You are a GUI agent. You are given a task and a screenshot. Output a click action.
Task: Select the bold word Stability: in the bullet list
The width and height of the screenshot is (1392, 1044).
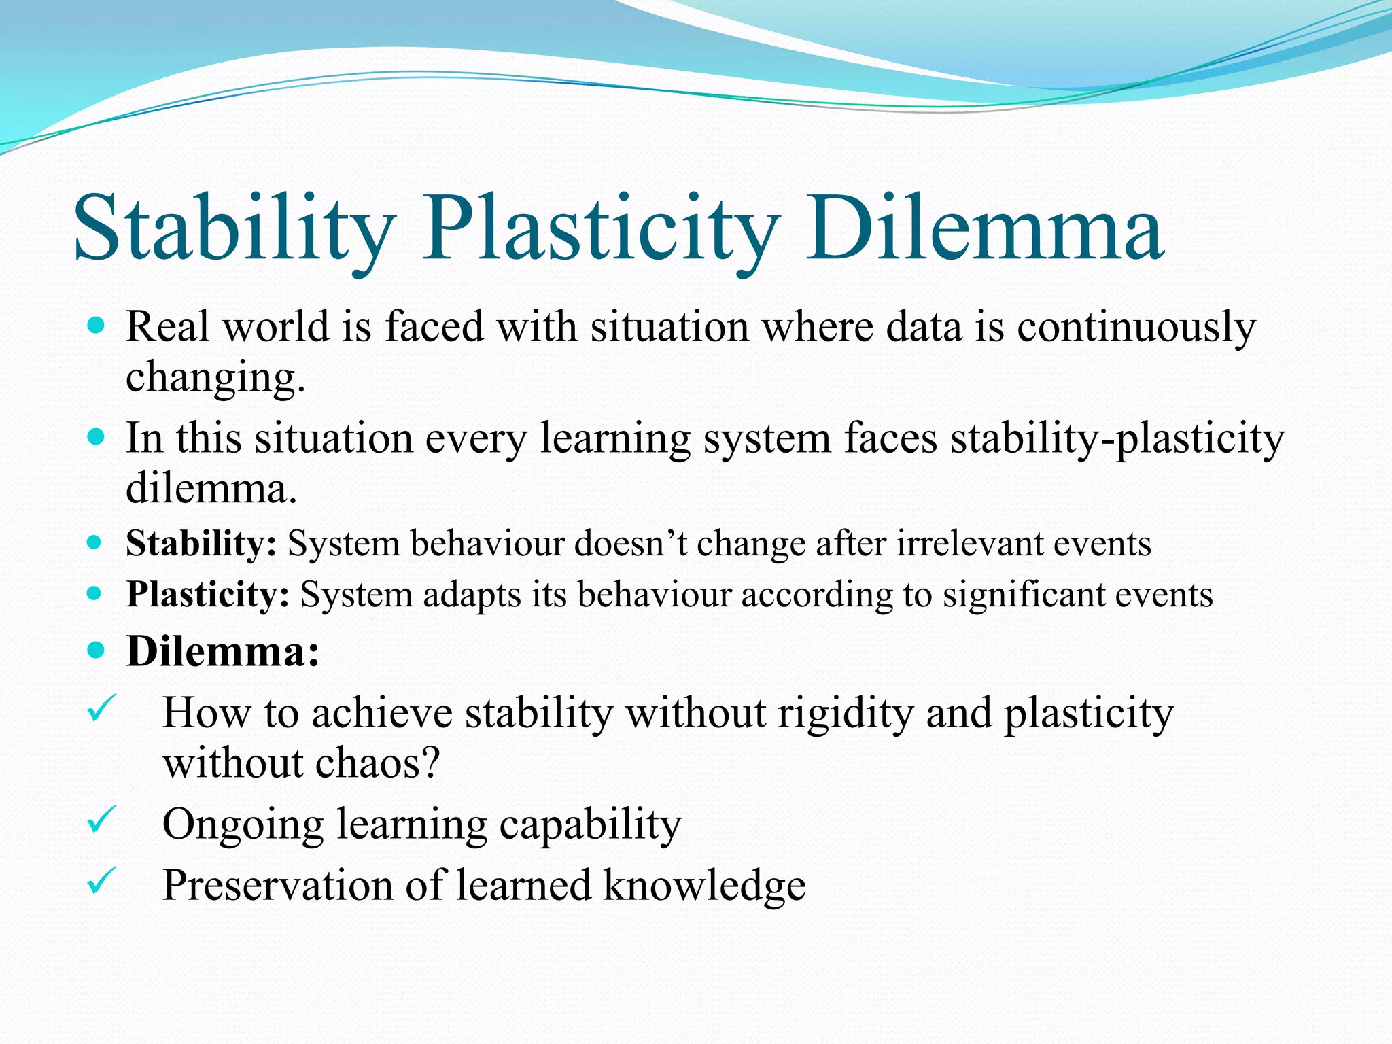(201, 544)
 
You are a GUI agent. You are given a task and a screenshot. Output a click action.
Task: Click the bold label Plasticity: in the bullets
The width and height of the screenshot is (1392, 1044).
(208, 595)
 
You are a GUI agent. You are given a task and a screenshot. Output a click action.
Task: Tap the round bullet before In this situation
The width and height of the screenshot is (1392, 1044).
(97, 436)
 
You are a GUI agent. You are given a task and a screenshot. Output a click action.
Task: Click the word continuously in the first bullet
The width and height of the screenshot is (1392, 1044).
(1136, 328)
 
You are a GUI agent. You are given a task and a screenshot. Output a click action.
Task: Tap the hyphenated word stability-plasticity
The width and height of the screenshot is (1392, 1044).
(1117, 439)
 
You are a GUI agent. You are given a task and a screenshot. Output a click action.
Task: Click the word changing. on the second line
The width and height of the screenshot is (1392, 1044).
(215, 378)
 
